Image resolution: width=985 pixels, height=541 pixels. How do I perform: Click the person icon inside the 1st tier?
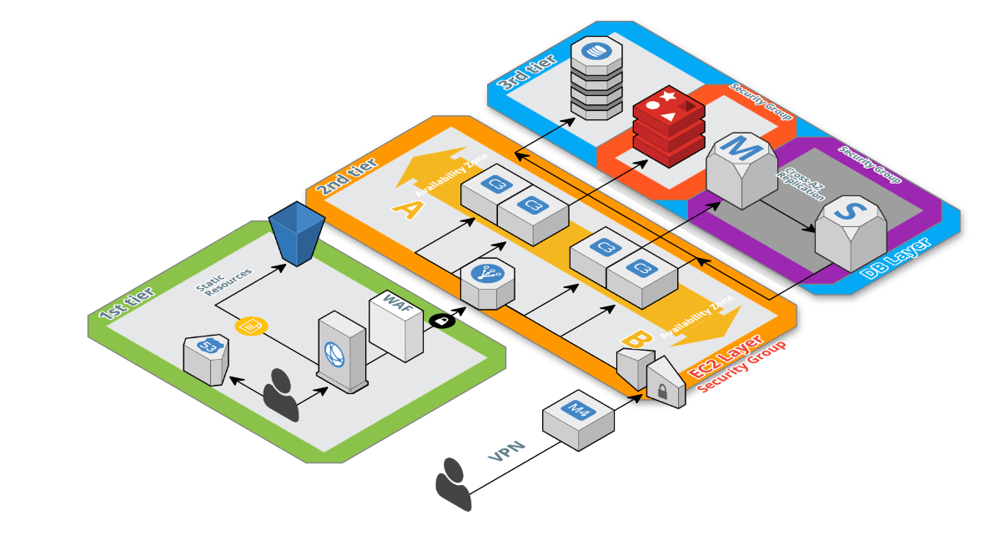pos(281,394)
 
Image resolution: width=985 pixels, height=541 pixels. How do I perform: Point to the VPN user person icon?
pos(453,483)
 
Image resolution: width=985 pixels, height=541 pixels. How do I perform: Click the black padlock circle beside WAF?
pos(439,320)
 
